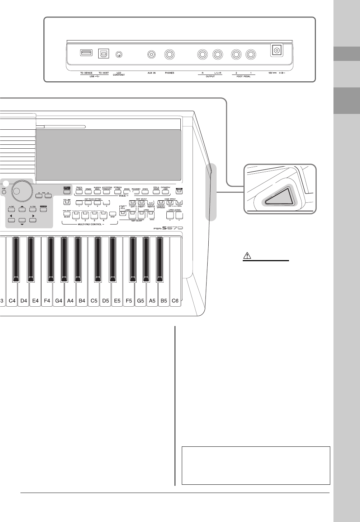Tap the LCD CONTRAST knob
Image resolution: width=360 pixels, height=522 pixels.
click(x=119, y=55)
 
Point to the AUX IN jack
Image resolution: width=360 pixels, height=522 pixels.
click(x=152, y=55)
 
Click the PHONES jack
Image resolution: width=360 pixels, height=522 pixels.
click(x=170, y=55)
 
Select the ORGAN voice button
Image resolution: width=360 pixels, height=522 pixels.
click(x=88, y=192)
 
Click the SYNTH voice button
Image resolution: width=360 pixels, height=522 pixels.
click(x=145, y=192)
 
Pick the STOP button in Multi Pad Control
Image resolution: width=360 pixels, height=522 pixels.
click(x=112, y=214)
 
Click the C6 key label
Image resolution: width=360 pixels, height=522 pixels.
click(x=175, y=301)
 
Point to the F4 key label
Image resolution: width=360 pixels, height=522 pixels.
click(x=47, y=301)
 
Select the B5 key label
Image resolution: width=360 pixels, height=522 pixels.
click(x=164, y=301)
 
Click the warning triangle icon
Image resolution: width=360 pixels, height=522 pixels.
click(x=248, y=256)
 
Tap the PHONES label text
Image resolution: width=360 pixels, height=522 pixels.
click(x=170, y=73)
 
